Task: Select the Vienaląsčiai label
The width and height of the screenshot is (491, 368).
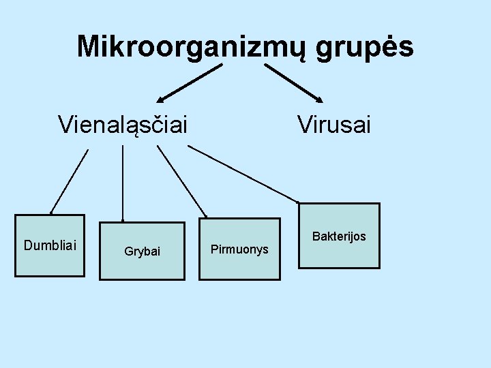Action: pos(123,125)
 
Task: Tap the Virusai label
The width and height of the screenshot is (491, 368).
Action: pos(333,125)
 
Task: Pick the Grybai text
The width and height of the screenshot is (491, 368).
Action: pos(142,251)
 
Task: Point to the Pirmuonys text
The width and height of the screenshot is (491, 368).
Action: pos(239,249)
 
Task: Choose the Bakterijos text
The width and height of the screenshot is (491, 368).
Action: pos(339,236)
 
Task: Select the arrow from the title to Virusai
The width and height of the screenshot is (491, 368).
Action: pos(293,82)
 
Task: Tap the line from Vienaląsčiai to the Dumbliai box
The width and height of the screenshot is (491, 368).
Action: pos(69,181)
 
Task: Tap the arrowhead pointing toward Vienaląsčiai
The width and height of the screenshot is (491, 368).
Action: pos(163,99)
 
